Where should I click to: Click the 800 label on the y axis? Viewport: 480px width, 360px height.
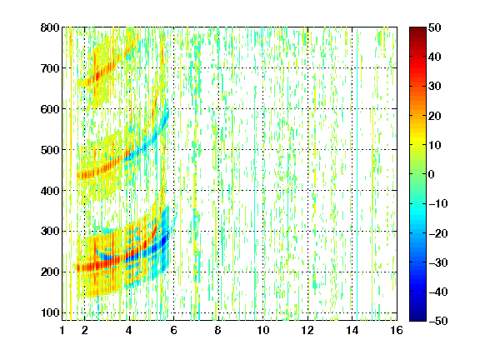(x=50, y=27)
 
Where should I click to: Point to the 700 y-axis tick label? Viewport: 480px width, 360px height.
(x=50, y=68)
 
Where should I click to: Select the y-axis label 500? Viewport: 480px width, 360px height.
(x=50, y=150)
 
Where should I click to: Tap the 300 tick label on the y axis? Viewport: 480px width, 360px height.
(x=50, y=231)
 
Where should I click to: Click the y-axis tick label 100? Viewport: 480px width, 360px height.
(x=50, y=312)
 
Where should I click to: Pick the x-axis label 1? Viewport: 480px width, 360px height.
(x=62, y=330)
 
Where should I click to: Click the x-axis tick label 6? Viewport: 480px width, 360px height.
(x=174, y=330)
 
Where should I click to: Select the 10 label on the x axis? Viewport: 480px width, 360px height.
(x=263, y=330)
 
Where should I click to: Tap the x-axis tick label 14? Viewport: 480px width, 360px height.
(x=352, y=330)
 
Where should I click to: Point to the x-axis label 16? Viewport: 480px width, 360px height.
(x=397, y=330)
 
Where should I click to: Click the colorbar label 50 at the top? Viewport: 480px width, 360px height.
(x=435, y=27)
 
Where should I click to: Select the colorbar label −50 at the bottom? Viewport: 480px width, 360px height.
(x=438, y=321)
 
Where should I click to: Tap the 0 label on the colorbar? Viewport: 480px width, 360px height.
(x=432, y=174)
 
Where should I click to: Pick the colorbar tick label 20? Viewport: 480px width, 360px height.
(x=435, y=116)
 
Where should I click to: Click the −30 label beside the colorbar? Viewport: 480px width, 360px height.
(x=438, y=262)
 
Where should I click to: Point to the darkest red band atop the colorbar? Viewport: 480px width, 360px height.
(x=417, y=32)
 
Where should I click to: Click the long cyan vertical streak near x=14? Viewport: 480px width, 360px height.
(x=357, y=174)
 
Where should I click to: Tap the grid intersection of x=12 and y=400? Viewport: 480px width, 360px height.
(x=307, y=190)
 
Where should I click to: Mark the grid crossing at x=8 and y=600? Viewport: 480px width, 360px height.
(x=218, y=109)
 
